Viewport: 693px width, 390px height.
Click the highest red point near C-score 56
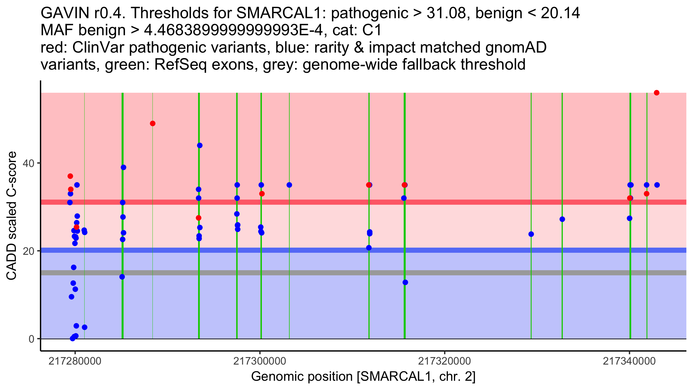[657, 93]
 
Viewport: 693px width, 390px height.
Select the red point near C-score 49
[153, 124]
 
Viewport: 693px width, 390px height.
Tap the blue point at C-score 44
[200, 145]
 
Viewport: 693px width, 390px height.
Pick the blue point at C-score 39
[124, 167]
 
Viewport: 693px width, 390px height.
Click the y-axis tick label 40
[29, 164]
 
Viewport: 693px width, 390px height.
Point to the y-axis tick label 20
[29, 251]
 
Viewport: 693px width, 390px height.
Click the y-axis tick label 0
[31, 339]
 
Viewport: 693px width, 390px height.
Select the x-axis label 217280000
[75, 361]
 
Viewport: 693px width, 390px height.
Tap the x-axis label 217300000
[260, 361]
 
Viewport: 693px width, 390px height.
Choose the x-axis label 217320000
[445, 361]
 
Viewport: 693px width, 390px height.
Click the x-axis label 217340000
[629, 361]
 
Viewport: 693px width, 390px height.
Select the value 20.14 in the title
[560, 13]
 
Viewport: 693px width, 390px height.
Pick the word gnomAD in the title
[516, 48]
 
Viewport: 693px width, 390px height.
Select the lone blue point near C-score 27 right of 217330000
[562, 219]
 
